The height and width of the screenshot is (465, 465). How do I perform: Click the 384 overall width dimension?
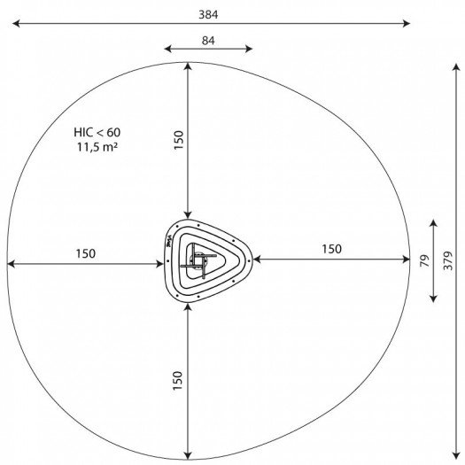pos(208,14)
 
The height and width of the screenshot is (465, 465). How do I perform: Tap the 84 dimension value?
pos(208,41)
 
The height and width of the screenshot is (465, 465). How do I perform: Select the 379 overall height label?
pos(448,260)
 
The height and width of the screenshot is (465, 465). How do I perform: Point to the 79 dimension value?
pos(425,260)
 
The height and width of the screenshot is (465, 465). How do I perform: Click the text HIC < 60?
pos(97,132)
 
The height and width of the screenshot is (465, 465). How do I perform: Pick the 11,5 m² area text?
pos(97,147)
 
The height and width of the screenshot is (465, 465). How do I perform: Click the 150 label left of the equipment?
pos(86,254)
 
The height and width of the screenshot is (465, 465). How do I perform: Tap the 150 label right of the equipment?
pos(331,249)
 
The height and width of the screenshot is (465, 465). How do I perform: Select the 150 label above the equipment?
pos(179,140)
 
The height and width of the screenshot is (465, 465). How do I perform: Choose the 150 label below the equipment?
pos(177,381)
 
